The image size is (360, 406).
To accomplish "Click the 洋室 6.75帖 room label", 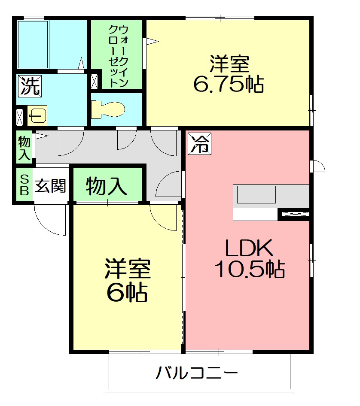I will pos(229,74).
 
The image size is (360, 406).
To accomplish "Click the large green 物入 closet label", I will pos(107,186).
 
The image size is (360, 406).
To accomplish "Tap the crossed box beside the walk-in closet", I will pos(95,81).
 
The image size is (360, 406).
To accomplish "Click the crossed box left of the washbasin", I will pos(20,116).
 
